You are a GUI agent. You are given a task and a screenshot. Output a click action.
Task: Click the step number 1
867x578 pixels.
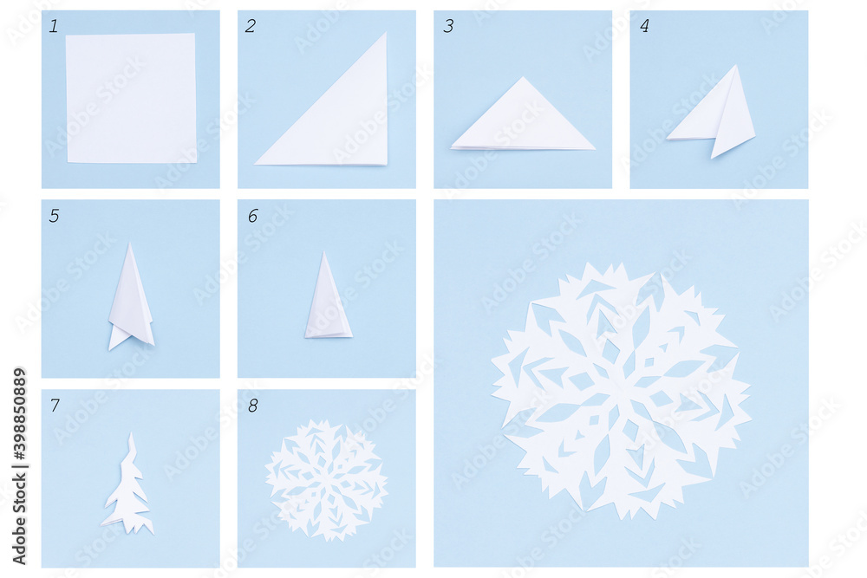coord(54,26)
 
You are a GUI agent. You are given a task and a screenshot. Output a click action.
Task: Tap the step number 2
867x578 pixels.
coord(250,26)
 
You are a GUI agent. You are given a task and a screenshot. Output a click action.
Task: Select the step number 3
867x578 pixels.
coord(447,26)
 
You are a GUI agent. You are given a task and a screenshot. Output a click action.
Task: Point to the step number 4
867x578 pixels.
coord(643,26)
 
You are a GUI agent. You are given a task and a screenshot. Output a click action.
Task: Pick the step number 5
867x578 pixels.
coord(54,216)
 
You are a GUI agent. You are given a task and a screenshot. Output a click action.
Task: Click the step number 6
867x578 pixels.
coord(251,216)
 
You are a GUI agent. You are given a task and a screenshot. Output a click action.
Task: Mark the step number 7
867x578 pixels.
coord(54,405)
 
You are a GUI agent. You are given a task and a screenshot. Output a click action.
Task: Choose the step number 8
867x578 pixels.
coord(251,405)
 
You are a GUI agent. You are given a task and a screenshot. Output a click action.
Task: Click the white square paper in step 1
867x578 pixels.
coord(131,98)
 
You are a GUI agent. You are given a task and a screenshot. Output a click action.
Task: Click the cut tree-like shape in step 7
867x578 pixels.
coord(128,490)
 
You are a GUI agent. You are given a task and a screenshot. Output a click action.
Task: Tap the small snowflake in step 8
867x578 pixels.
coord(326,480)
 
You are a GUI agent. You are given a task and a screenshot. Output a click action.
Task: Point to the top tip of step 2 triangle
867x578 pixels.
coord(383,35)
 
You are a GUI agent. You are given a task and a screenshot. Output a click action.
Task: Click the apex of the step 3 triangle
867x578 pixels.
coord(523,78)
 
